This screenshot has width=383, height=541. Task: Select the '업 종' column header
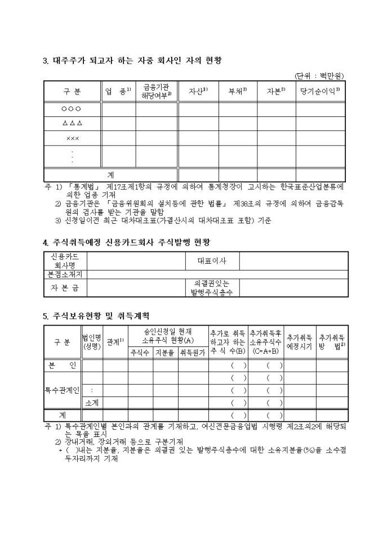118,91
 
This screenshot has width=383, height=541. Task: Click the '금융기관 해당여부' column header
156,91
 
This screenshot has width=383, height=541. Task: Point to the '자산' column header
197,91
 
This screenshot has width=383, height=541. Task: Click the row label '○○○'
72,109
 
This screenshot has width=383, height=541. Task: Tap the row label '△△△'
72,123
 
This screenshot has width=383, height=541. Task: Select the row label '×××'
72,137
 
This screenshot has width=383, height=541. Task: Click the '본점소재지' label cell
65,274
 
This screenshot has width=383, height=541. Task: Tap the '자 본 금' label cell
65,287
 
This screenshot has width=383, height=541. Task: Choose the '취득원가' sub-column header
193,353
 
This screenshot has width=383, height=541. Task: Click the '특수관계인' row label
63,390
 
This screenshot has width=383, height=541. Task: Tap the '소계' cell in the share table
92,402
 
